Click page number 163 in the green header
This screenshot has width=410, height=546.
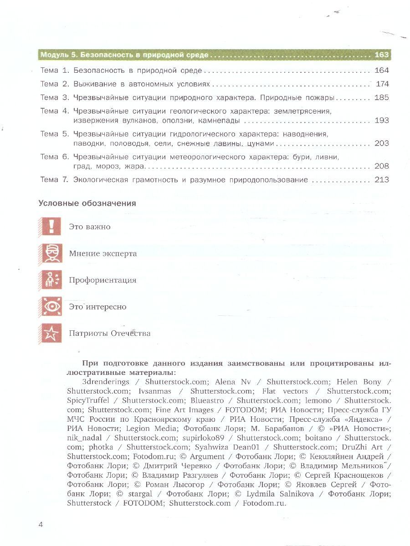[381, 55]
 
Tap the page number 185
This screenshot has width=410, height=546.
[381, 97]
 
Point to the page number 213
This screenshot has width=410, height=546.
[381, 180]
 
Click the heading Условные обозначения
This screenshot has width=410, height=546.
[87, 203]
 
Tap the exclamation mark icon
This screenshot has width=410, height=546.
[51, 226]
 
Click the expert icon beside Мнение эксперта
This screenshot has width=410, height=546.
[51, 253]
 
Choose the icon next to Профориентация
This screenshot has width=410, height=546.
[51, 280]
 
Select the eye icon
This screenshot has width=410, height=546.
[51, 307]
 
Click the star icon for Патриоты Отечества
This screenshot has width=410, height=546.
[51, 334]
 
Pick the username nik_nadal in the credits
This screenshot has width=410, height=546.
[86, 438]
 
